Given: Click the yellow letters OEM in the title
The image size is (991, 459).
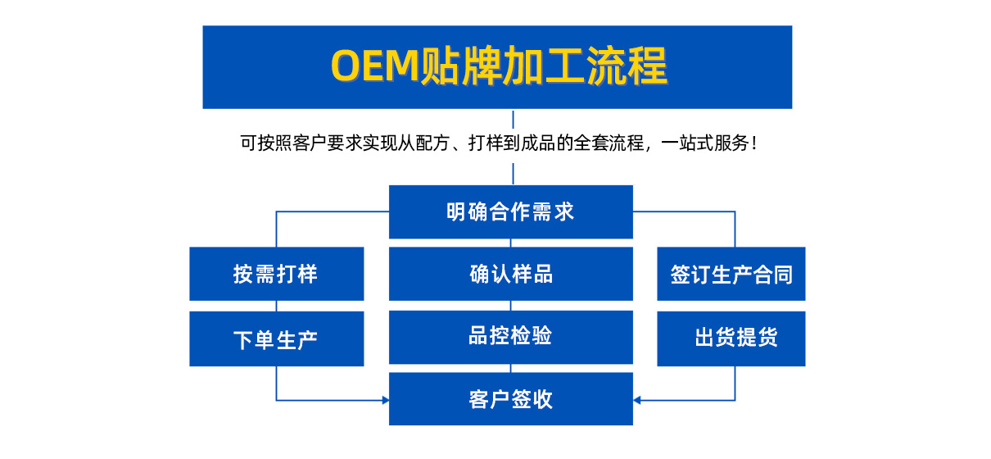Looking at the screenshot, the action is tap(375, 66).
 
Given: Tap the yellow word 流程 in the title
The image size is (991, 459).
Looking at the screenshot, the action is tap(627, 66).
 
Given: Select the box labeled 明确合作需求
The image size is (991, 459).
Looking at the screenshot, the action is tap(511, 211).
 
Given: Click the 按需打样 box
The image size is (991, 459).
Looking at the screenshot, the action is tap(277, 274).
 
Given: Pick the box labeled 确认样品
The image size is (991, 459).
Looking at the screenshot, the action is tap(511, 274).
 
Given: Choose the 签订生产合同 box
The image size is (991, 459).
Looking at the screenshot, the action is tap(731, 274).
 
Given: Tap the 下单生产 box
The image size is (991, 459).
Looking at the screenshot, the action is tap(277, 339).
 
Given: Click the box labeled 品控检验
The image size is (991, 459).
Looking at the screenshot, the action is tap(511, 337).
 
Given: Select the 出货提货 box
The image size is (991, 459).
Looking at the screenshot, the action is tap(731, 339).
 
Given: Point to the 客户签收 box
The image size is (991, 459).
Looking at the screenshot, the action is tap(511, 399).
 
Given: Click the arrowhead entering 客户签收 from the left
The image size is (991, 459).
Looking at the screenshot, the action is tap(386, 400).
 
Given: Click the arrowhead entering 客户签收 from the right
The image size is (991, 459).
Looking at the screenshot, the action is tap(636, 400).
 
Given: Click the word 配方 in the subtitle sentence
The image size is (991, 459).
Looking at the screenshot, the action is tap(432, 143).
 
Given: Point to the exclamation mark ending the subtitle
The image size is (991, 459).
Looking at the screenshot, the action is tap(754, 143).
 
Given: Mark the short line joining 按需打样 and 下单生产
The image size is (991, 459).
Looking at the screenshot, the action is tap(277, 306).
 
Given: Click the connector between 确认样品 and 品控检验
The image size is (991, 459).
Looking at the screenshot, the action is tap(511, 306).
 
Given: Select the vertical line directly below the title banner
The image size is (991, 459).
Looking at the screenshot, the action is tap(513, 120).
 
